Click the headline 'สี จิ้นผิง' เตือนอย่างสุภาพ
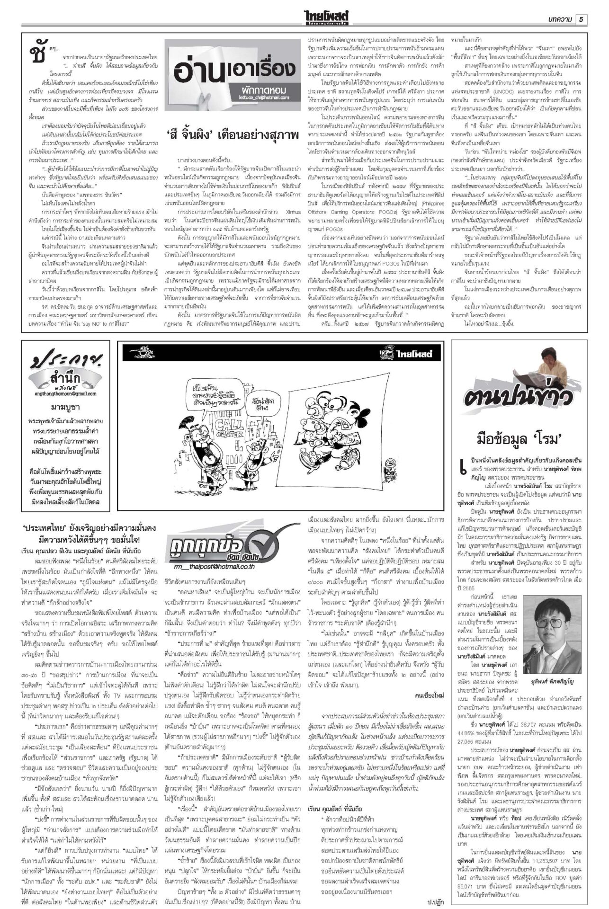232,135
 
